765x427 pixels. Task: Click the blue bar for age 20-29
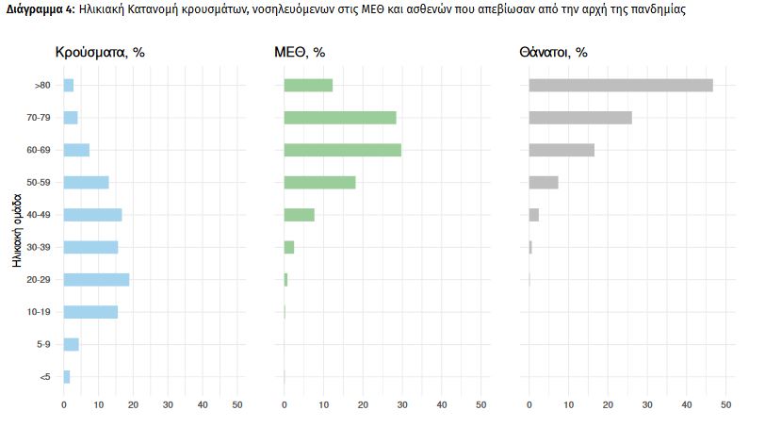pyautogui.click(x=96, y=279)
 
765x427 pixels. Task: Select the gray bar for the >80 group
pyautogui.click(x=621, y=85)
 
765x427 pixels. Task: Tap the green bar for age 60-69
pyautogui.click(x=342, y=150)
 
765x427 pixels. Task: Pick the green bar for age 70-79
pyautogui.click(x=340, y=118)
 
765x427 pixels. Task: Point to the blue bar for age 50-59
pyautogui.click(x=86, y=182)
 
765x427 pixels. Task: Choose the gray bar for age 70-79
pyautogui.click(x=580, y=118)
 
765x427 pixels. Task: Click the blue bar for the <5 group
pyautogui.click(x=67, y=377)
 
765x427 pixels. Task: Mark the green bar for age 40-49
pyautogui.click(x=300, y=214)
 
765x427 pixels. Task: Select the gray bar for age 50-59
pyautogui.click(x=544, y=182)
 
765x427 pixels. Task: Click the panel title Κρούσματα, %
pyautogui.click(x=100, y=53)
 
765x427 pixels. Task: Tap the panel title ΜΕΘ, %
pyautogui.click(x=306, y=53)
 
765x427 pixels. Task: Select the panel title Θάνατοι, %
pyautogui.click(x=553, y=53)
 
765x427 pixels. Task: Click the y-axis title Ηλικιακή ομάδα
pyautogui.click(x=18, y=231)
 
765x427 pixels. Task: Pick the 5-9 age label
pyautogui.click(x=42, y=345)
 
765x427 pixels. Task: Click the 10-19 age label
pyautogui.click(x=39, y=312)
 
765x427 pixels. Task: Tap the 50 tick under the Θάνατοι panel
pyautogui.click(x=725, y=405)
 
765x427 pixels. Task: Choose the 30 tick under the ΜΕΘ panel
pyautogui.click(x=402, y=405)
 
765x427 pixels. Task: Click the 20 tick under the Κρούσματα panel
pyautogui.click(x=133, y=405)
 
